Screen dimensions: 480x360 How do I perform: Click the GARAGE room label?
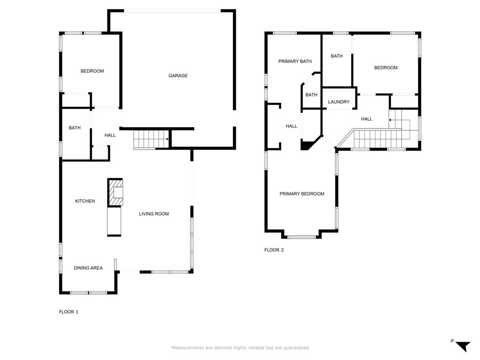pos(178,75)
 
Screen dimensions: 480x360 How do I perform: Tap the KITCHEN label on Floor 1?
pos(85,201)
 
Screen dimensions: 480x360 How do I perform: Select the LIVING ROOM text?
pos(154,214)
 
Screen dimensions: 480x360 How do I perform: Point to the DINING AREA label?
pos(88,268)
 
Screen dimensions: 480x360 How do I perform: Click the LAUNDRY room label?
pos(338,102)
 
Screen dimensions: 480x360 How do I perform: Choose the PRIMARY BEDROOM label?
pos(302,194)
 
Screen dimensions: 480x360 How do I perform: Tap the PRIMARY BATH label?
pos(295,61)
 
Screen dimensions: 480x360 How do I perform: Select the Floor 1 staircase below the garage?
pos(151,140)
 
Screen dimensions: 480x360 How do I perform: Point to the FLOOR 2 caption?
pos(274,250)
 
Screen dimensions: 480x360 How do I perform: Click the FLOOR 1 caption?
pos(68,312)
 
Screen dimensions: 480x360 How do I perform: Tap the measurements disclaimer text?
pos(240,348)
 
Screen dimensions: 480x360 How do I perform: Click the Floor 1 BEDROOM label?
pos(92,71)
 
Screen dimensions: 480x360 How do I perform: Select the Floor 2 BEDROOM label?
pos(386,67)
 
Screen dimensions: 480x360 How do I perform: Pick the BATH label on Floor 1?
pos(75,127)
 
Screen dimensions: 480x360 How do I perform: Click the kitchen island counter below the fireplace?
pos(114,222)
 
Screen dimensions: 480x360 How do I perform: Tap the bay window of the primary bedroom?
pos(301,237)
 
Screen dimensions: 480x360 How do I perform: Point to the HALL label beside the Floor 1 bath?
pos(110,135)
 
